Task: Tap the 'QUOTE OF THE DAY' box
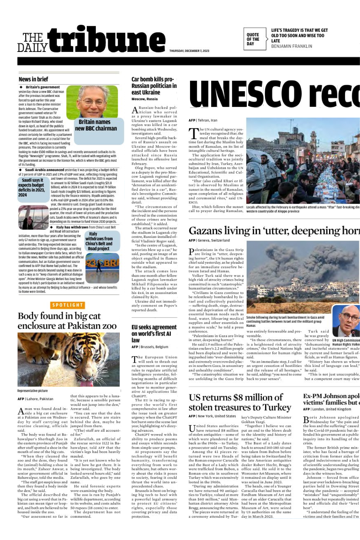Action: click(x=254, y=39)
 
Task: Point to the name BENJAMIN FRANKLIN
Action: click(x=292, y=46)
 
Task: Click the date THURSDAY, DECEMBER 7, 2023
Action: click(x=189, y=51)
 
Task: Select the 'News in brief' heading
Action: click(x=33, y=79)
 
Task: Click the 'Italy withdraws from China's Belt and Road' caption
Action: click(x=99, y=241)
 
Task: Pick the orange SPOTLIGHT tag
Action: click(x=68, y=305)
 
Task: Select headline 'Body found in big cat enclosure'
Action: click(x=67, y=321)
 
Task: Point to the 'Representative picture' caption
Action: click(x=32, y=391)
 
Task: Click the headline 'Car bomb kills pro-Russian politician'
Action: click(x=154, y=86)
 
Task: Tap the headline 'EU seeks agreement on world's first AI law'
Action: click(x=154, y=333)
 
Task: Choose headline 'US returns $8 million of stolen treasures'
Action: click(x=240, y=402)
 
